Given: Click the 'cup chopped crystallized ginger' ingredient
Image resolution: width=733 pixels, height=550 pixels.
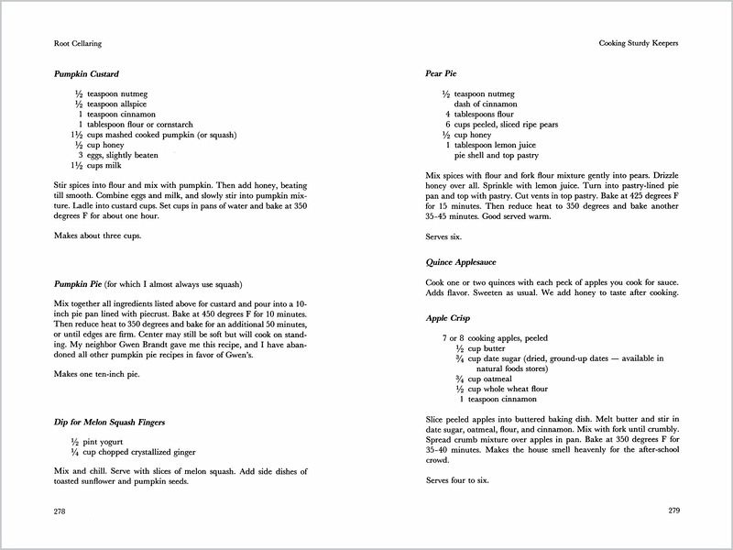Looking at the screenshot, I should (x=143, y=453).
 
